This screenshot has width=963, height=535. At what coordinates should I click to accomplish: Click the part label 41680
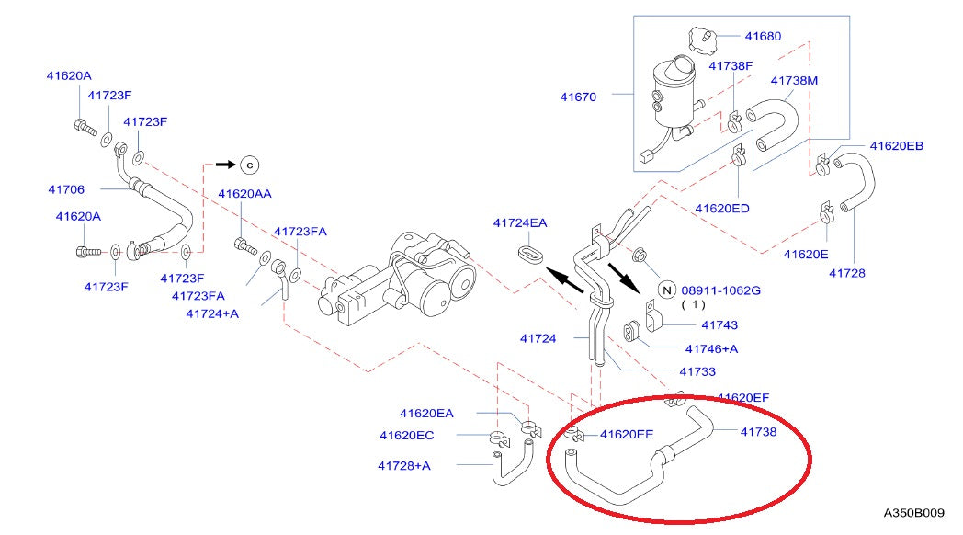[763, 37]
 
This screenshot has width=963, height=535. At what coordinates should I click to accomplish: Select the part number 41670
[579, 96]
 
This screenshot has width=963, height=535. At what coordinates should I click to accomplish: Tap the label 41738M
[794, 81]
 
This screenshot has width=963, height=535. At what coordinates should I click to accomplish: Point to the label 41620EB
[897, 146]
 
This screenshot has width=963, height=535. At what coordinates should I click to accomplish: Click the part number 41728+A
[403, 465]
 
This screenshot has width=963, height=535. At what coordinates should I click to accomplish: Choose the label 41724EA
[519, 222]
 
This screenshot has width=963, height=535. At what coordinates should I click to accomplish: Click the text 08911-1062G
[721, 290]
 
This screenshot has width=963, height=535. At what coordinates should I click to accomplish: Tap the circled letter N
[668, 290]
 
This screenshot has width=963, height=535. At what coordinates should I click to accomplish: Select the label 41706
[66, 190]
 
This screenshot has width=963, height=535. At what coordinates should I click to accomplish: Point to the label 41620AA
[244, 194]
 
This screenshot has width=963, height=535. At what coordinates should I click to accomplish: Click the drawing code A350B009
[914, 513]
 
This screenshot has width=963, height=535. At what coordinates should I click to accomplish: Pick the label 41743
[719, 324]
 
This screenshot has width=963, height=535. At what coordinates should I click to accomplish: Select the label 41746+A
[711, 348]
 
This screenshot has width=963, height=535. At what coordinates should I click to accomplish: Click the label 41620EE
[627, 434]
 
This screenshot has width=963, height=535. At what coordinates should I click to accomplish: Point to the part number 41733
[697, 371]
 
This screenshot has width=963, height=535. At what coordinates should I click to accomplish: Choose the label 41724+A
[212, 313]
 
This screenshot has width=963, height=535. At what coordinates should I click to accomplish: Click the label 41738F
[731, 66]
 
